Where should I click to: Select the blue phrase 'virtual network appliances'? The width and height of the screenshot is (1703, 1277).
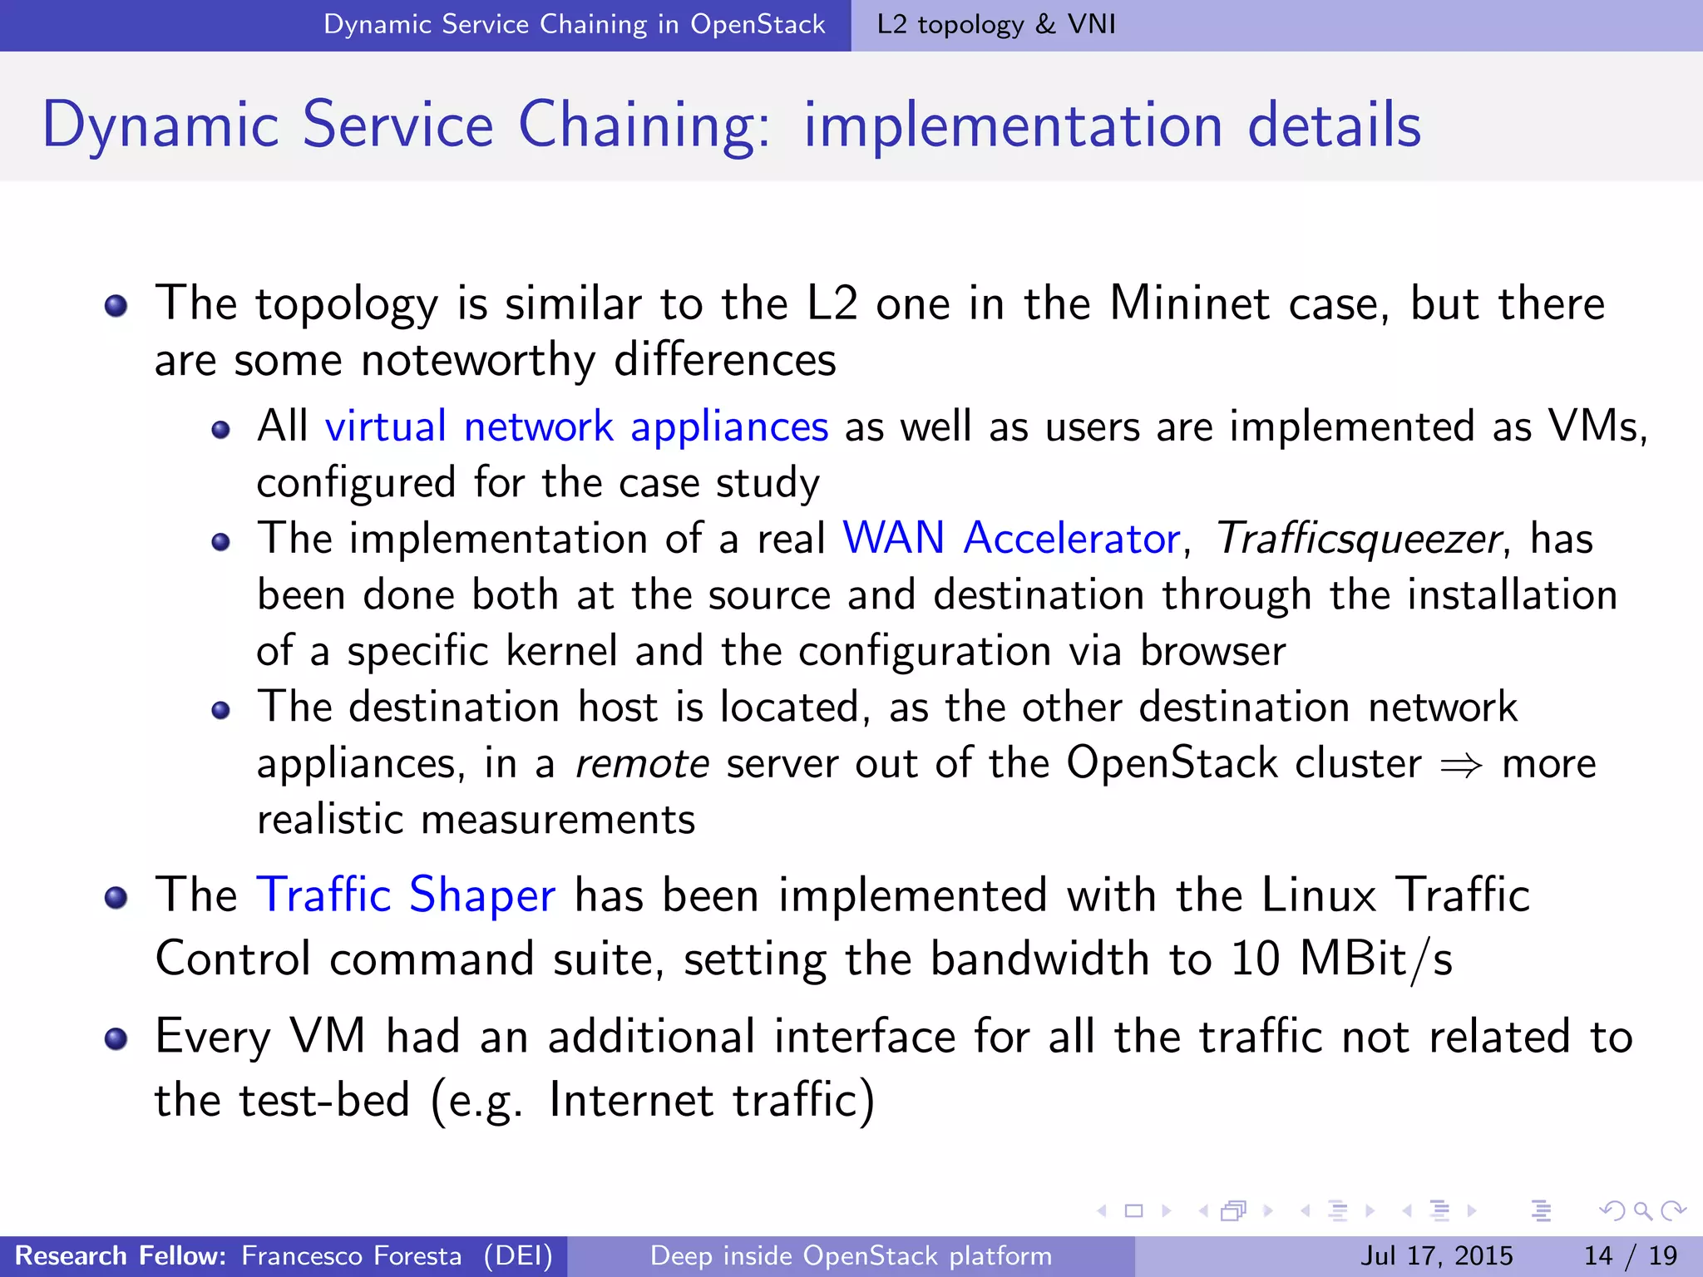coord(576,427)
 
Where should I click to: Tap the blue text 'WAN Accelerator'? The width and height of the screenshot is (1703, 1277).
coord(1011,539)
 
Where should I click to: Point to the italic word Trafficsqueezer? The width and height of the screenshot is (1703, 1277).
coord(1358,539)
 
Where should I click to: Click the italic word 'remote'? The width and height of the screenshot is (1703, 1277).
coord(642,763)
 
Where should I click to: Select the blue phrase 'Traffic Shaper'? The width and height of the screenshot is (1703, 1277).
coord(406,895)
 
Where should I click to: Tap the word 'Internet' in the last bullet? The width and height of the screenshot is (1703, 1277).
coord(631,1100)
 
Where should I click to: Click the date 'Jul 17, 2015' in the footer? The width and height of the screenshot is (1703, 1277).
coord(1436,1255)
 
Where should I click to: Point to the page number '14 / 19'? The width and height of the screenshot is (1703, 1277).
coord(1631,1255)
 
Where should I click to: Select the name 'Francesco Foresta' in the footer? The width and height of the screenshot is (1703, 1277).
coord(351,1255)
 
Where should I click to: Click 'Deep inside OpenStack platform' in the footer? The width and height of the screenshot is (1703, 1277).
coord(851,1255)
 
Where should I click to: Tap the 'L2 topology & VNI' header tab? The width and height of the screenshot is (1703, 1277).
coord(996,24)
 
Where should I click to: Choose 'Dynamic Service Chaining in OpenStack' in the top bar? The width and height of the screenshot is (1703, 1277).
coord(574,24)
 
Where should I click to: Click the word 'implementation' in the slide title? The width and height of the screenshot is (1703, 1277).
coord(1013,126)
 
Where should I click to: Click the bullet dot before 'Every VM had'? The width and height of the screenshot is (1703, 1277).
coord(116,1039)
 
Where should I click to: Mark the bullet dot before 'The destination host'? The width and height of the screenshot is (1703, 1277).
coord(220,710)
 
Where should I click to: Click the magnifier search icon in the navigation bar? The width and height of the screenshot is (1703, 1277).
coord(1642,1210)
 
